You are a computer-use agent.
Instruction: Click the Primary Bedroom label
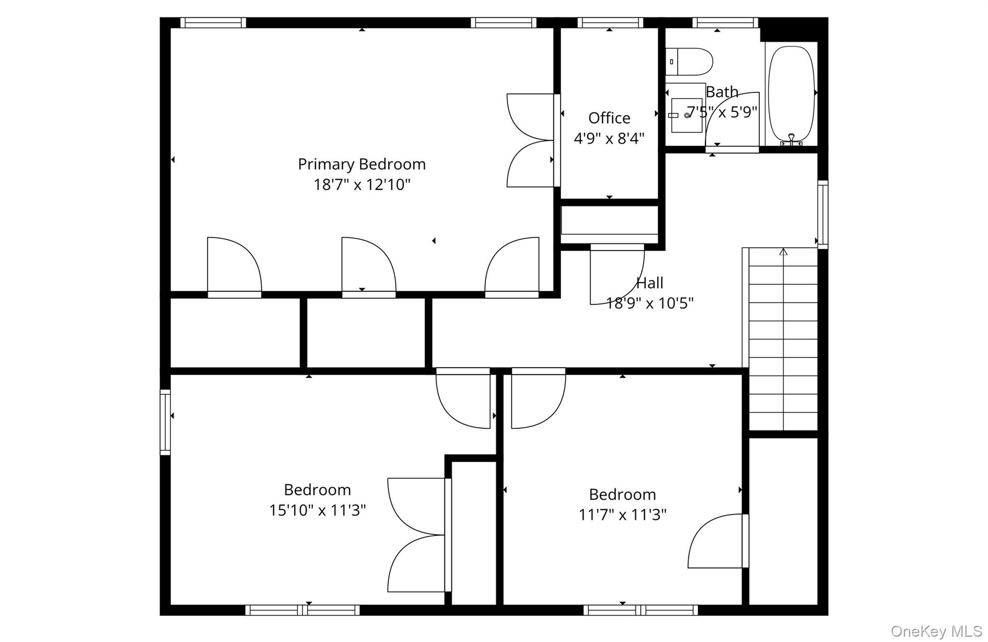pyautogui.click(x=361, y=164)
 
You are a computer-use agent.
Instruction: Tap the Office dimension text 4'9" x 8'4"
pyautogui.click(x=609, y=139)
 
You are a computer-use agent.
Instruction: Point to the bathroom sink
pyautogui.click(x=686, y=115)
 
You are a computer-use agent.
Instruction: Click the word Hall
pyautogui.click(x=649, y=283)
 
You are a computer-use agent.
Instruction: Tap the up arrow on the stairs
pyautogui.click(x=783, y=252)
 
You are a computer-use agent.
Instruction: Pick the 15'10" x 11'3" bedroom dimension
pyautogui.click(x=317, y=510)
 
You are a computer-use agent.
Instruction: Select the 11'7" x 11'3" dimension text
pyautogui.click(x=622, y=515)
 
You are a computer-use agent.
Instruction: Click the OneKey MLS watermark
pyautogui.click(x=936, y=631)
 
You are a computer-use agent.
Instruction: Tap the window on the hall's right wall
pyautogui.click(x=823, y=214)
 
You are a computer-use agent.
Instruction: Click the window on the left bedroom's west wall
pyautogui.click(x=165, y=422)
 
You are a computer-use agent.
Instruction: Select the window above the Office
pyautogui.click(x=610, y=23)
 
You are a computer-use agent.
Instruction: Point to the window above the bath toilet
pyautogui.click(x=725, y=23)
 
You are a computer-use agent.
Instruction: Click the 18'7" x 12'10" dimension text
pyautogui.click(x=361, y=185)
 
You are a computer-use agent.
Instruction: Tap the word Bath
pyautogui.click(x=722, y=92)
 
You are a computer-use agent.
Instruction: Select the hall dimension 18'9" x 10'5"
pyautogui.click(x=649, y=303)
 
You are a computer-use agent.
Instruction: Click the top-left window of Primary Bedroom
pyautogui.click(x=213, y=23)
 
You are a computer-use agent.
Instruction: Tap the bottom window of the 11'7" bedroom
pyautogui.click(x=640, y=610)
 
